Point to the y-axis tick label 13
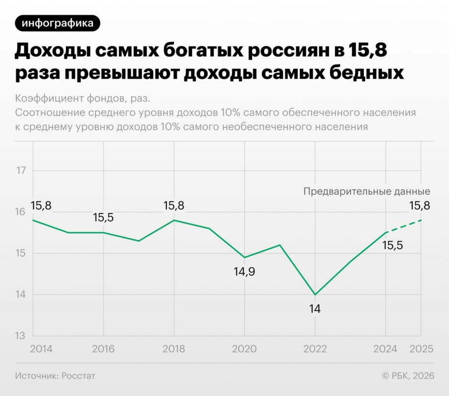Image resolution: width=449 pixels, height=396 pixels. tap(21, 336)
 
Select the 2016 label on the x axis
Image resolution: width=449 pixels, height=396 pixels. tap(103, 348)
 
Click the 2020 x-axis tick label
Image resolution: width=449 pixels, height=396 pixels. tap(244, 348)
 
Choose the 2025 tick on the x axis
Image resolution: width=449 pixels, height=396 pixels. tap(421, 348)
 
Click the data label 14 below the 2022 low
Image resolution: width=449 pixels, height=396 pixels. tap(315, 309)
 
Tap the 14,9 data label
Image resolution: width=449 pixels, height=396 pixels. tap(244, 272)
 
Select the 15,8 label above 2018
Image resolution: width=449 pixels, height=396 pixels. tap(174, 205)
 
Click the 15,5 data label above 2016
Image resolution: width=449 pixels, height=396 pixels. tap(103, 217)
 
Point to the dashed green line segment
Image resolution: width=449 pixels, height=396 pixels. tap(404, 226)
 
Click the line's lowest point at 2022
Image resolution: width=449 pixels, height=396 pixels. tap(315, 295)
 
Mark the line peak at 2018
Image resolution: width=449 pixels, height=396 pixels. tap(174, 220)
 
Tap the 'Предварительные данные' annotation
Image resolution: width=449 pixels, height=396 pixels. tap(366, 192)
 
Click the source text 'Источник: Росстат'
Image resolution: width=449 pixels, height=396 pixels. tap(55, 376)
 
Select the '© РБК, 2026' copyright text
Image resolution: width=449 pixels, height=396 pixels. tap(407, 376)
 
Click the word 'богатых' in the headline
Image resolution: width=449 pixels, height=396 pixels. tap(196, 51)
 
